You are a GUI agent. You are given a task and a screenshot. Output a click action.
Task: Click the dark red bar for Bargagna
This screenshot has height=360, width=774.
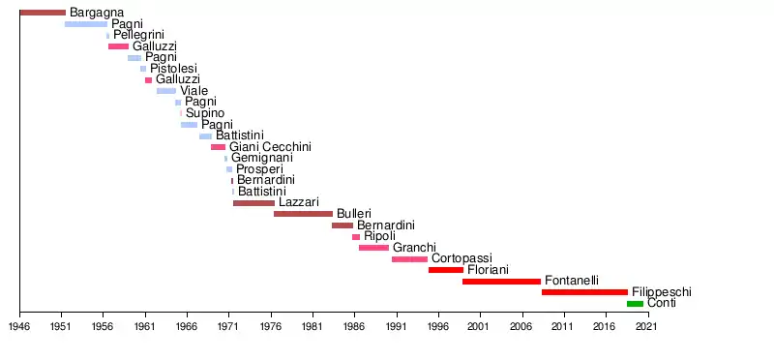pyautogui.click(x=43, y=13)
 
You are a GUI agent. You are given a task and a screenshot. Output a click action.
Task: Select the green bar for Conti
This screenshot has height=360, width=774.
pyautogui.click(x=635, y=304)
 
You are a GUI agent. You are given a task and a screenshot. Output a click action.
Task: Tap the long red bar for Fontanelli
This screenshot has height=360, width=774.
pyautogui.click(x=501, y=282)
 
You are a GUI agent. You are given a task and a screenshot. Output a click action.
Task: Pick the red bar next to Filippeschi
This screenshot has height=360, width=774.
pyautogui.click(x=584, y=292)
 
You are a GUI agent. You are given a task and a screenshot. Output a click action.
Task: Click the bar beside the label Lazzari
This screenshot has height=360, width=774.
pyautogui.click(x=253, y=203)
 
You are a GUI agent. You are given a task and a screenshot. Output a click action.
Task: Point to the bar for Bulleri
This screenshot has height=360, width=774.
pyautogui.click(x=303, y=214)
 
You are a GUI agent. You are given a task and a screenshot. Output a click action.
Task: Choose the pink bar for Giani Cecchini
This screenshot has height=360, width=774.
pyautogui.click(x=219, y=147)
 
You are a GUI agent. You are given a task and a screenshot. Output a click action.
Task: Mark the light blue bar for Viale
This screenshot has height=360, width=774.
pyautogui.click(x=166, y=91)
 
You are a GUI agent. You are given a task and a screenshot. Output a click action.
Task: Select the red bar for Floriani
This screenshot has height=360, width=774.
pyautogui.click(x=446, y=270)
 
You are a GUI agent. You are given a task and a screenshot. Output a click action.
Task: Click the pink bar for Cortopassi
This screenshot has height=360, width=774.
pyautogui.click(x=409, y=259)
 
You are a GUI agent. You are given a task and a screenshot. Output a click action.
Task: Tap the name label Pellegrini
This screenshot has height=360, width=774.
pyautogui.click(x=138, y=35)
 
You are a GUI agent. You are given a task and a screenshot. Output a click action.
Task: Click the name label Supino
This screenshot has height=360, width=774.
pyautogui.click(x=205, y=113)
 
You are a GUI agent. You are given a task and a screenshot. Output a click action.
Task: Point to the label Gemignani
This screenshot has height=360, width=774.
pyautogui.click(x=262, y=158)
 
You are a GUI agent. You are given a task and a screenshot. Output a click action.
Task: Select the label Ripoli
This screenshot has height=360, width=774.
pyautogui.click(x=379, y=236)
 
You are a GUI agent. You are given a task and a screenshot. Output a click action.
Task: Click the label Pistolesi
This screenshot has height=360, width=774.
pyautogui.click(x=174, y=69)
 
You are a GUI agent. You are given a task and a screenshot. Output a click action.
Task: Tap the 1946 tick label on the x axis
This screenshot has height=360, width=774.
pyautogui.click(x=19, y=327)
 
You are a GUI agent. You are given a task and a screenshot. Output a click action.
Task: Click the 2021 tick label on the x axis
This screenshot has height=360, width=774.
pyautogui.click(x=646, y=327)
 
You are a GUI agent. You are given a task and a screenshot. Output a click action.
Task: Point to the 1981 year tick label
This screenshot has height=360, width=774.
pyautogui.click(x=312, y=327)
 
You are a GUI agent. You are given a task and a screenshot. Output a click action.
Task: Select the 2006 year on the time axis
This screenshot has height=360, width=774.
pyautogui.click(x=521, y=327)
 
